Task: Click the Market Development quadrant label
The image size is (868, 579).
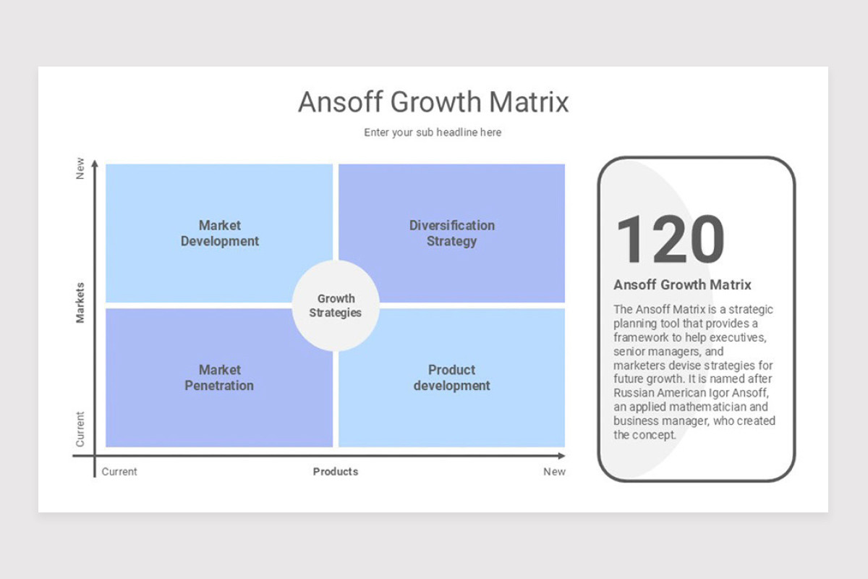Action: (x=220, y=233)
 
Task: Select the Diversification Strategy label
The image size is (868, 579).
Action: (x=452, y=233)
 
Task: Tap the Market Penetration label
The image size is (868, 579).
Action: (x=219, y=377)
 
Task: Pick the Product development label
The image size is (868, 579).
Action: (x=452, y=377)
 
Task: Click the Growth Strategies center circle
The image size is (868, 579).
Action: (x=336, y=305)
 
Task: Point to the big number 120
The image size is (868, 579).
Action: (x=671, y=240)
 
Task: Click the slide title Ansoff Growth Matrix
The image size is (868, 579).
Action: (x=433, y=102)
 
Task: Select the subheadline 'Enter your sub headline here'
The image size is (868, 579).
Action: (x=433, y=132)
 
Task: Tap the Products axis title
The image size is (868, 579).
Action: (x=336, y=472)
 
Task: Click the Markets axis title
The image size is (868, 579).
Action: (x=80, y=303)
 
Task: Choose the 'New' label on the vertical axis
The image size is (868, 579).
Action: (x=80, y=169)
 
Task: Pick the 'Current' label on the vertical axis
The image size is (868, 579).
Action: (x=80, y=429)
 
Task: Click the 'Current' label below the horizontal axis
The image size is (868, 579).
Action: (x=119, y=472)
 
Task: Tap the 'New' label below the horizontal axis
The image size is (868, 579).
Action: (x=554, y=472)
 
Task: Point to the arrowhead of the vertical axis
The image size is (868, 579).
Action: (x=95, y=164)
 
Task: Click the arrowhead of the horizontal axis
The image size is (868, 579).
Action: (x=561, y=456)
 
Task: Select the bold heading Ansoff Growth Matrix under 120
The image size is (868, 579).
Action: (x=682, y=284)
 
